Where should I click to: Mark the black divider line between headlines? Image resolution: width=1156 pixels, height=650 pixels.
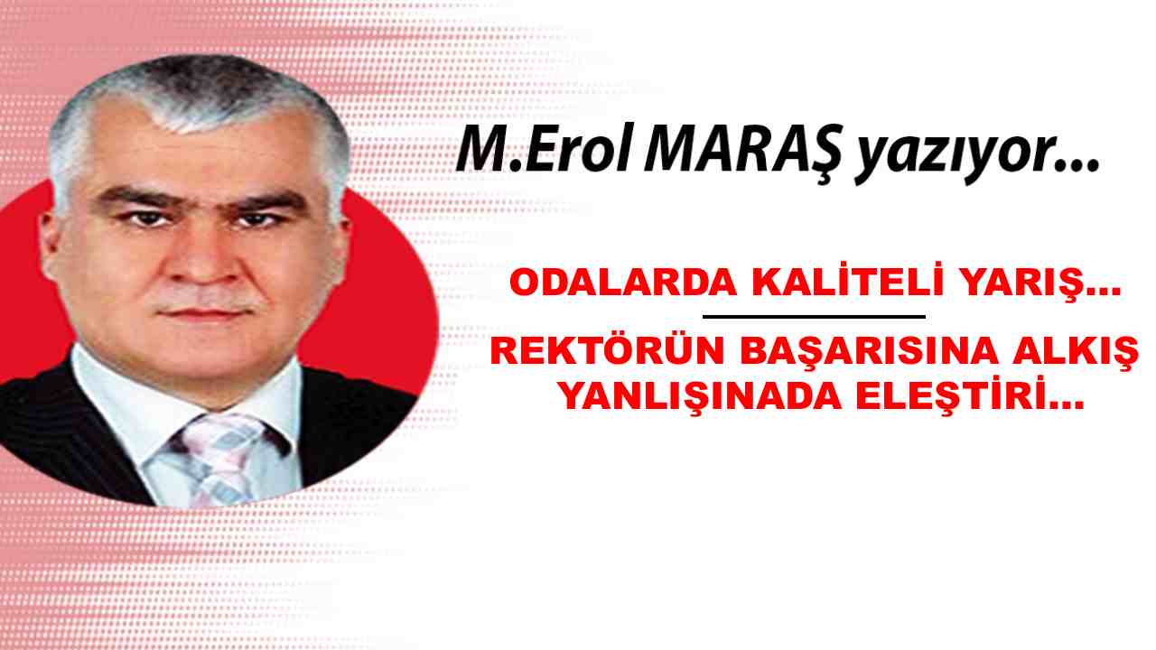coord(813,317)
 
